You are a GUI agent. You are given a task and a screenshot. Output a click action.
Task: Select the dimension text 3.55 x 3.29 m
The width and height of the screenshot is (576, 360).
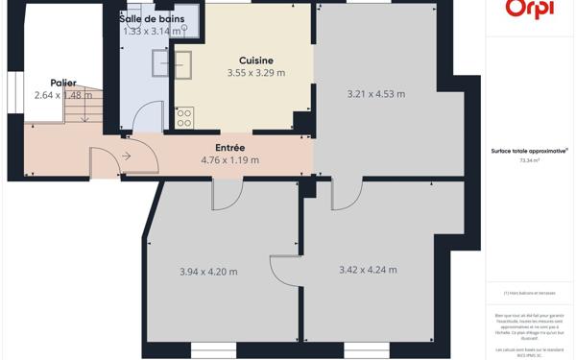[x=256, y=73]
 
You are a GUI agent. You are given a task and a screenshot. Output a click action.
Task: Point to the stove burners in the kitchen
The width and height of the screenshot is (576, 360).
[x=183, y=117]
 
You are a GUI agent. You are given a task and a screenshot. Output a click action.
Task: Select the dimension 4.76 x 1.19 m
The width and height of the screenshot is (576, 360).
[x=229, y=160]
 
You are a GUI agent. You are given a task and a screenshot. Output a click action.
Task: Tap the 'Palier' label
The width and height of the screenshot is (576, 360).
[x=63, y=83]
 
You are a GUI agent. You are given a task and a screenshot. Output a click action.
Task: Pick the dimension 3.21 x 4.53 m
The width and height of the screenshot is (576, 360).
[x=375, y=94]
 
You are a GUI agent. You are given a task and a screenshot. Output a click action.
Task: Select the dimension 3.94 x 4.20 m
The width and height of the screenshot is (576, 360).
[x=208, y=272]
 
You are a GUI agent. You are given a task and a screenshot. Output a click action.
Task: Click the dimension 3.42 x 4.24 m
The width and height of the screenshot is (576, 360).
[x=368, y=270]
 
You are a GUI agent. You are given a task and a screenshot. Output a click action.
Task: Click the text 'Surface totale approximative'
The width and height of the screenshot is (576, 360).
[x=529, y=152]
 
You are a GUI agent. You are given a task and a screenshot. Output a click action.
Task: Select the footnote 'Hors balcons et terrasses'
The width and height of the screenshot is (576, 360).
[x=530, y=293]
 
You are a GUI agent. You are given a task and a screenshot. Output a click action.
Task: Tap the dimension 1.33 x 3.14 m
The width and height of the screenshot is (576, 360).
[x=154, y=32]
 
